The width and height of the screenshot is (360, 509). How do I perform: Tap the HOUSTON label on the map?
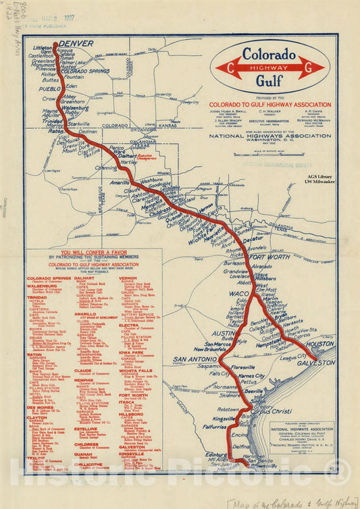click(x=321, y=344)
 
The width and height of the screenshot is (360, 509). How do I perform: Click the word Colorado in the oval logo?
click(x=269, y=55)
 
